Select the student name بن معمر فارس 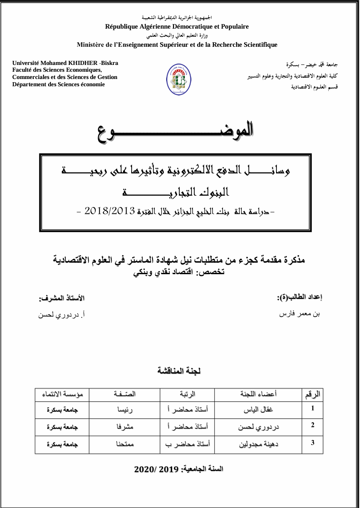[x=300, y=313]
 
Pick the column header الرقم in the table [x=312, y=394]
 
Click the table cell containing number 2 [x=312, y=425]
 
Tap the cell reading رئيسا [x=124, y=409]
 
